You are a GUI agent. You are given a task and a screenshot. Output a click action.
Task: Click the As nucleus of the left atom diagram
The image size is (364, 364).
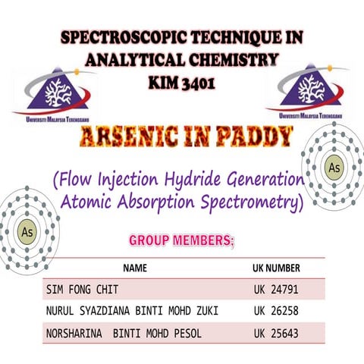(28, 230)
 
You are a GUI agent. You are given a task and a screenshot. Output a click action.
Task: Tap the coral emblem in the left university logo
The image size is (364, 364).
(55, 92)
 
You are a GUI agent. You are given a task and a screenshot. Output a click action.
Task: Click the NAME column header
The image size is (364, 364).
(136, 268)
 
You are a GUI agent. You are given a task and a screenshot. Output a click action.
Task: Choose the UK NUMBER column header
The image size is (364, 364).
(276, 268)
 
